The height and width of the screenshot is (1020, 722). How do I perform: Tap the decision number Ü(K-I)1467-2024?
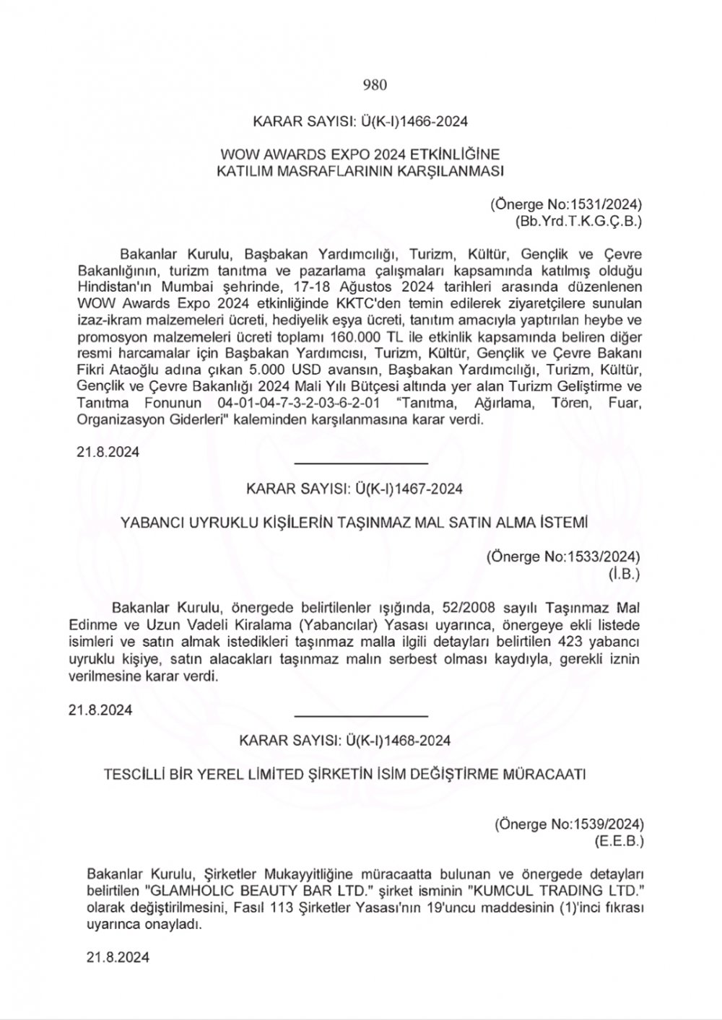408,489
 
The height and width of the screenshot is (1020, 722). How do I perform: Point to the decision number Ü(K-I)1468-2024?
401,741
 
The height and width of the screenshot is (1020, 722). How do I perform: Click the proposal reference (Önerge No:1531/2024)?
566,204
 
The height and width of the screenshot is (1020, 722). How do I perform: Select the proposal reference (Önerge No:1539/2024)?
569,824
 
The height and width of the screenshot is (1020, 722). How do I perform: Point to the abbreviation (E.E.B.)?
619,841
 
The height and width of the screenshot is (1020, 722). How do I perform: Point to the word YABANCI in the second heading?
153,522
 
